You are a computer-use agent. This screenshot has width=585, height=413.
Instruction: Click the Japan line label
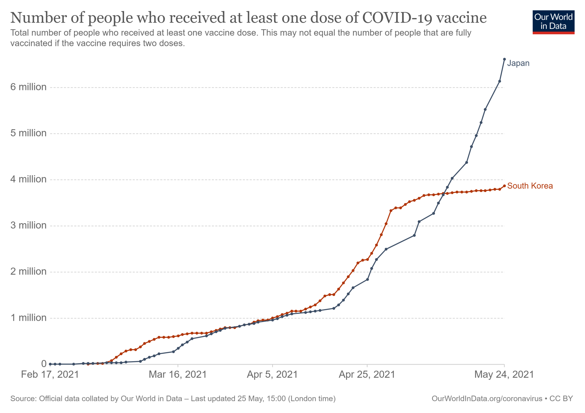(518, 63)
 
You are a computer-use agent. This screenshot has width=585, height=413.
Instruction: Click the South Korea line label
(530, 186)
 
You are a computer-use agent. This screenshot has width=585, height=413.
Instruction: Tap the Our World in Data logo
(553, 22)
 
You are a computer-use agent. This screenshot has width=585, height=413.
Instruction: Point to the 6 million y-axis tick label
(28, 87)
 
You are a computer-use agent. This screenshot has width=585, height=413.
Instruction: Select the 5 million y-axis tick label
(28, 133)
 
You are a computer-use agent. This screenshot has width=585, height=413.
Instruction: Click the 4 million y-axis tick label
(28, 179)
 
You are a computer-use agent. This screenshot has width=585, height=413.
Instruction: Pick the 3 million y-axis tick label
(28, 225)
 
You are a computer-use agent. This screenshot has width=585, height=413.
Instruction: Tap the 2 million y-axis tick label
(28, 271)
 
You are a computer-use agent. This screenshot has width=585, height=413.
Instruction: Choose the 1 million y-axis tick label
(28, 318)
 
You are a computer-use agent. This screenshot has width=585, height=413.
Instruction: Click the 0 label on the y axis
(44, 364)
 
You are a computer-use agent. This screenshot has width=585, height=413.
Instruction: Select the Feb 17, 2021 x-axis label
(50, 374)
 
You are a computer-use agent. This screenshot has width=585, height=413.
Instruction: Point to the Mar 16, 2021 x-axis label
(178, 374)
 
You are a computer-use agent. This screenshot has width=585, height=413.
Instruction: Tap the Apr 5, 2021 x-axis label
(272, 374)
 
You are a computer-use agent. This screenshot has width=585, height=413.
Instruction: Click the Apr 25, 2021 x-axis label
(367, 374)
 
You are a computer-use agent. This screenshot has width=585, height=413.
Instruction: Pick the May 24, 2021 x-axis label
(504, 374)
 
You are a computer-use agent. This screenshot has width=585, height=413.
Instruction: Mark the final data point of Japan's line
(504, 59)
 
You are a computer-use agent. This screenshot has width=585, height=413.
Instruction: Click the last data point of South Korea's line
(504, 186)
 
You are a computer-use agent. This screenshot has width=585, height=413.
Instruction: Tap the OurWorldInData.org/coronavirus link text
(487, 399)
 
